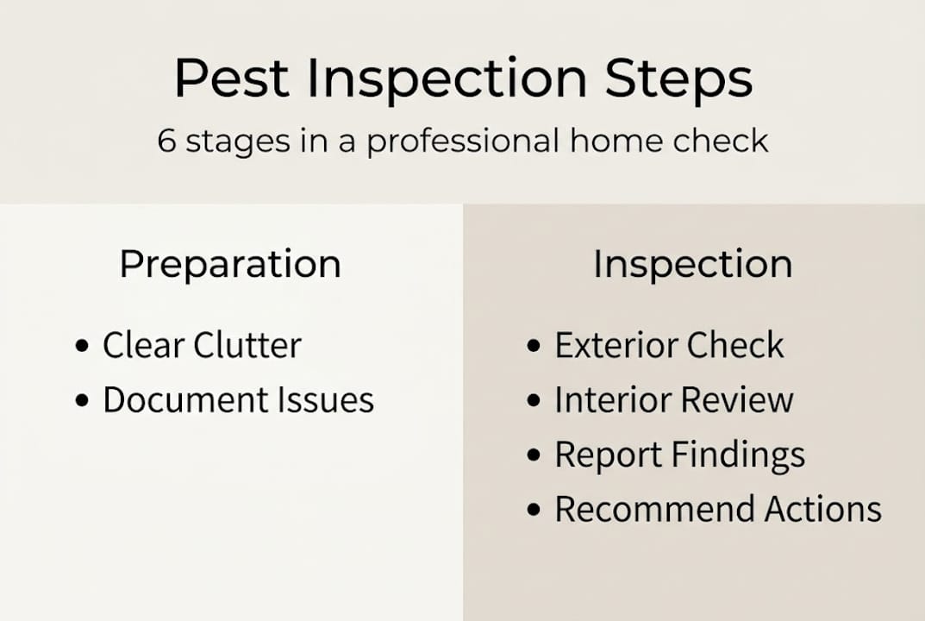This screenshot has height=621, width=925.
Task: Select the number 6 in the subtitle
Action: [x=166, y=140]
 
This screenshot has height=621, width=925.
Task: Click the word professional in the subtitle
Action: [x=461, y=141]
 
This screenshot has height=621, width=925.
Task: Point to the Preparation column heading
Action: [x=230, y=264]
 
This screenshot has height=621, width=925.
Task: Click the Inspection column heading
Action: [x=692, y=264]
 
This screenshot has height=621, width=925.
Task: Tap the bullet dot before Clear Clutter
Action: [x=83, y=347]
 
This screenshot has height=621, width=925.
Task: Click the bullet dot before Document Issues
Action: [x=83, y=401]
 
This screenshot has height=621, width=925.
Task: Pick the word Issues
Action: [x=331, y=400]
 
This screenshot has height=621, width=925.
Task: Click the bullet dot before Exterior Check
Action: [x=534, y=347]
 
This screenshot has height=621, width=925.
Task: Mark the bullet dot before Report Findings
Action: [x=534, y=455]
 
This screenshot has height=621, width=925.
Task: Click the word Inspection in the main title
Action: [x=447, y=78]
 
